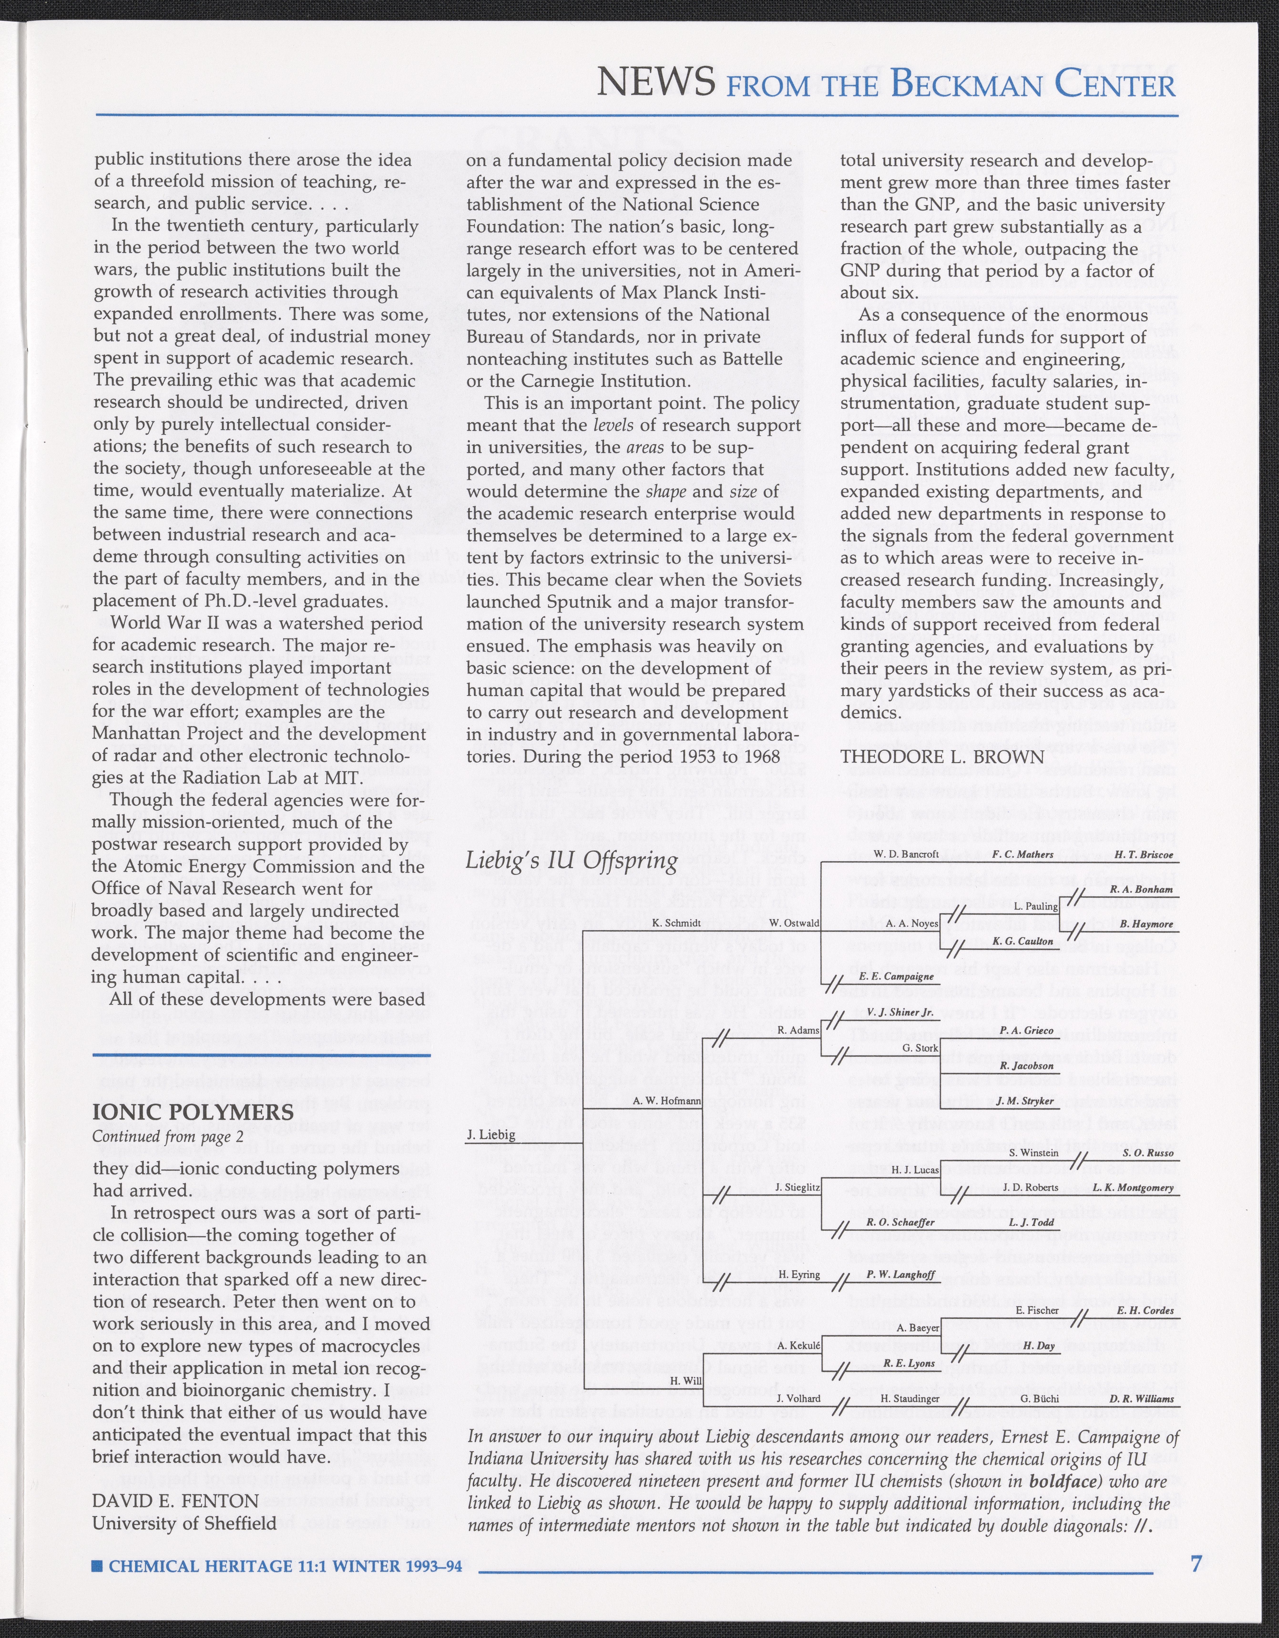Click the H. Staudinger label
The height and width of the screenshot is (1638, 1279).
click(910, 1399)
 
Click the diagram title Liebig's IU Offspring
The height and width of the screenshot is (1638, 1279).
click(572, 860)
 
